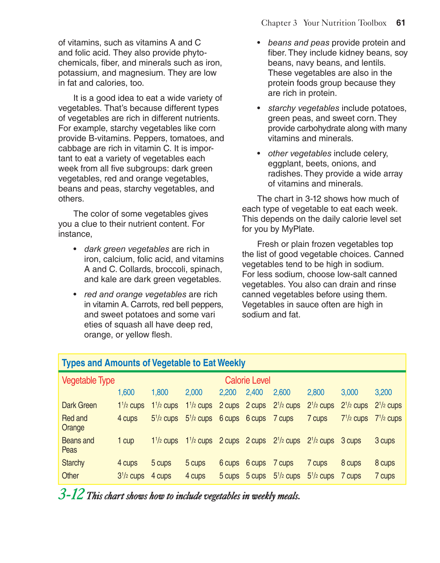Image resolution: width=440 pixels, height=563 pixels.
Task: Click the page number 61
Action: (400, 23)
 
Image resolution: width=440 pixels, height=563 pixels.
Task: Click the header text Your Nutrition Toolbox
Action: (344, 23)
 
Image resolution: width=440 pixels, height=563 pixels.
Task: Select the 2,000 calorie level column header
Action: (194, 392)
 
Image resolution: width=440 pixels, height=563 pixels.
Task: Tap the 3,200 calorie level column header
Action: (383, 392)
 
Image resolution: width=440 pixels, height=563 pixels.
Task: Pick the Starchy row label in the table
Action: (73, 463)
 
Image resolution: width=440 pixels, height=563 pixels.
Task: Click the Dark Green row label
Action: (79, 405)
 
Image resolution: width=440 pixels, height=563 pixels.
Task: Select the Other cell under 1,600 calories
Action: (131, 476)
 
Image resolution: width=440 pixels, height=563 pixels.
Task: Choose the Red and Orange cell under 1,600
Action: (127, 418)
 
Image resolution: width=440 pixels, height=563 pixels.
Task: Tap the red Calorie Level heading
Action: (247, 380)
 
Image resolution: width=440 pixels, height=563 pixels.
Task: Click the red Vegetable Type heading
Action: (88, 380)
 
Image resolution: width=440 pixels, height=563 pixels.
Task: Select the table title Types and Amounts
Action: (153, 363)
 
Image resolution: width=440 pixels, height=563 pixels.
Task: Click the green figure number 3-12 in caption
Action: (71, 494)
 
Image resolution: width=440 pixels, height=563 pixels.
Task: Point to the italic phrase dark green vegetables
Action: (126, 249)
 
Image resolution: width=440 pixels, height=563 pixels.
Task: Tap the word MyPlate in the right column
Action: (297, 229)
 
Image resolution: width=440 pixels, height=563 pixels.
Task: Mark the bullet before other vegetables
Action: (259, 154)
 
